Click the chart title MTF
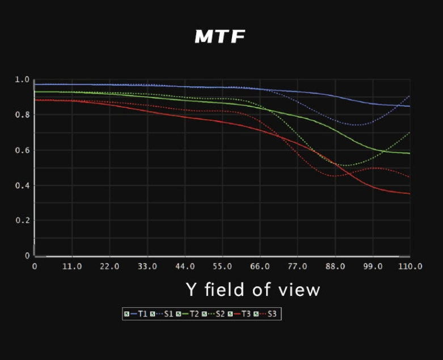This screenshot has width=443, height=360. point(220,37)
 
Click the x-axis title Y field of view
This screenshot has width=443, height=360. point(253,290)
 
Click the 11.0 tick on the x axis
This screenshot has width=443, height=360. point(71,266)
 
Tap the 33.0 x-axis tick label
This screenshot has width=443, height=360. point(147,266)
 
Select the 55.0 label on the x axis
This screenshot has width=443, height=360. point(222,266)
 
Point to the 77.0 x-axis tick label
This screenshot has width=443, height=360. point(297,266)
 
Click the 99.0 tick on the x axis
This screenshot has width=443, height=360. point(373,266)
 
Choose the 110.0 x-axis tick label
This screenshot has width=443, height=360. point(410,266)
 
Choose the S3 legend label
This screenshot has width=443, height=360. point(272,314)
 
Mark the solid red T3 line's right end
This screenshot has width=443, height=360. point(410,194)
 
